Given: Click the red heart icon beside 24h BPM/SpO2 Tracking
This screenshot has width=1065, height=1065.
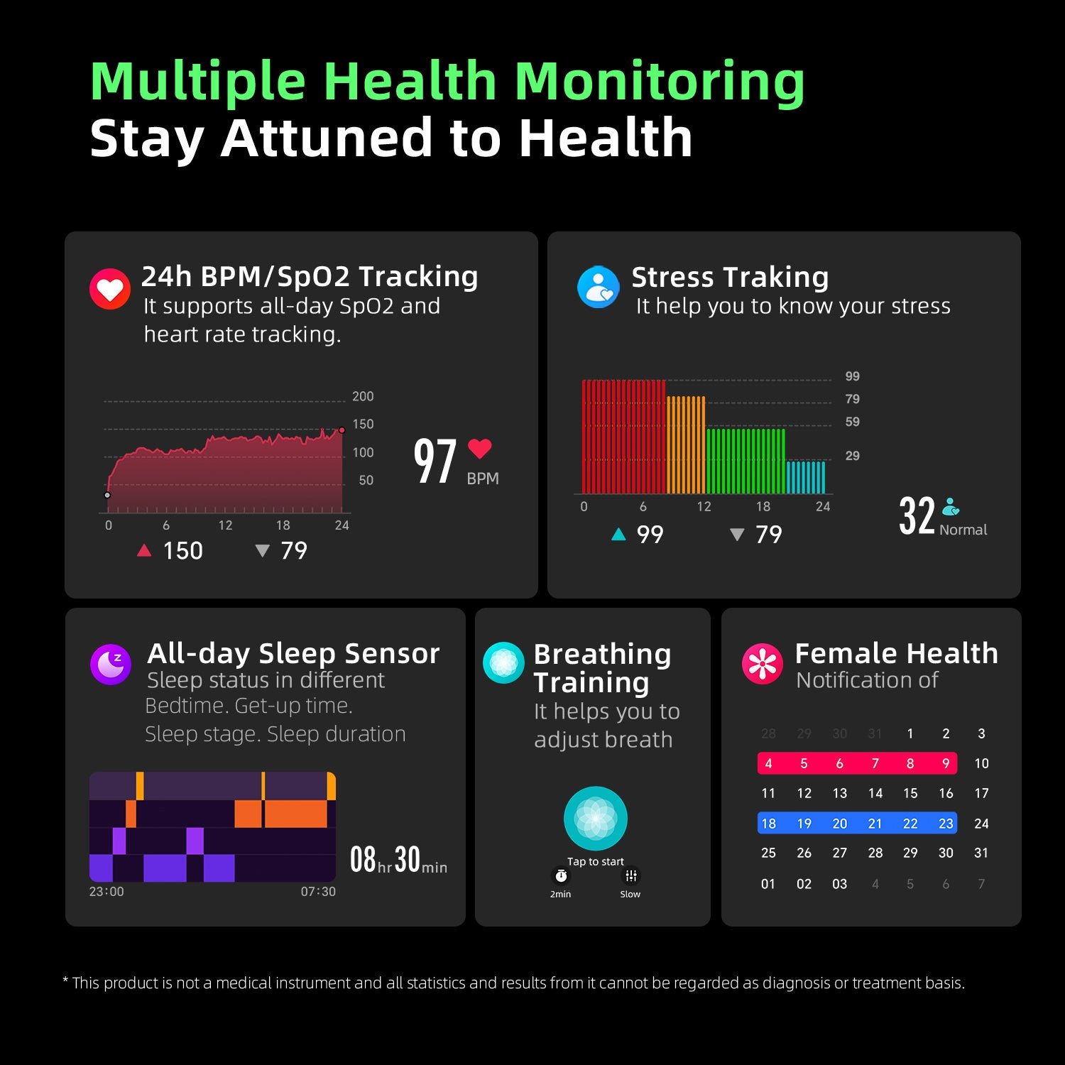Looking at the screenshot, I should (x=109, y=289).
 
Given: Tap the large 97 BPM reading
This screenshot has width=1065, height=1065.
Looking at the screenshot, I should (x=435, y=461).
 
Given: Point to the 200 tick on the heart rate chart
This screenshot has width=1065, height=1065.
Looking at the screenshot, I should (x=362, y=396).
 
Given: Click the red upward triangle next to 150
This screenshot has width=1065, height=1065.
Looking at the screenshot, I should (x=144, y=550).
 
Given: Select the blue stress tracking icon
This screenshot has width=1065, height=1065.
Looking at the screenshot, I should (x=599, y=288).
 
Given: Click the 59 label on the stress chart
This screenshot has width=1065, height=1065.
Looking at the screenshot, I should (x=852, y=422).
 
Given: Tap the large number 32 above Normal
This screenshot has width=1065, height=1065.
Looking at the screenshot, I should (x=917, y=515).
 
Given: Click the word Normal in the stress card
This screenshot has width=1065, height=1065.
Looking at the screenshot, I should (x=963, y=530).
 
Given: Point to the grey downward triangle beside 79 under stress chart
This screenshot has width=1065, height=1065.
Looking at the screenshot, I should (x=737, y=535).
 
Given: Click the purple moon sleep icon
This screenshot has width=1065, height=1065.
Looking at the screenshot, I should (x=111, y=665).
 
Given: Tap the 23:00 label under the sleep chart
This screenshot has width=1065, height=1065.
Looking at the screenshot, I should (x=106, y=892).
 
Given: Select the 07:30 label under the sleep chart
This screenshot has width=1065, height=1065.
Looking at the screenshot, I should (x=318, y=892).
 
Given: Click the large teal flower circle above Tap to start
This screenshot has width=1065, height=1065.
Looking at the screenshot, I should (x=595, y=818).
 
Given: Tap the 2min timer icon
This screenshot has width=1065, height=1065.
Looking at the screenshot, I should (x=561, y=876).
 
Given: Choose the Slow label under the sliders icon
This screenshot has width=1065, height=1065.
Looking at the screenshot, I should (x=630, y=895).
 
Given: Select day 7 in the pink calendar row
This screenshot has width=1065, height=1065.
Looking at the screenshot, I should (x=875, y=764).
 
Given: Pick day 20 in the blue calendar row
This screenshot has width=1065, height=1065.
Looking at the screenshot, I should (x=839, y=824).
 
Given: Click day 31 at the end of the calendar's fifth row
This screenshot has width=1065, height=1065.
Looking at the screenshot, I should (x=981, y=853).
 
